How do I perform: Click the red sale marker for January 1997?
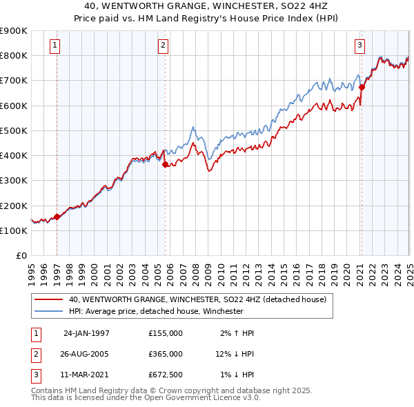coord(57,217)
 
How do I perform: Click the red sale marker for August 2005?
coord(165,164)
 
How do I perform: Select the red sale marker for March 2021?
coord(362,87)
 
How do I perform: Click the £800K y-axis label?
coord(14,55)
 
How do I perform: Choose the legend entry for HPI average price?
coord(156,311)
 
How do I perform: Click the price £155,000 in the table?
coord(166,333)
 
